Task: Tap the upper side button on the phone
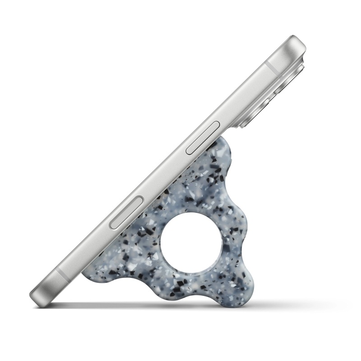pyautogui.click(x=203, y=137)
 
